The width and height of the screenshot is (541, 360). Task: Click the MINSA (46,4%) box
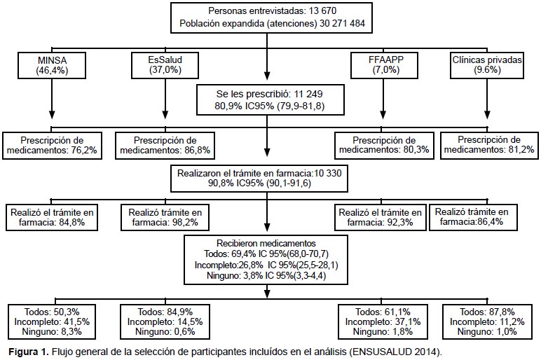pyautogui.click(x=52, y=66)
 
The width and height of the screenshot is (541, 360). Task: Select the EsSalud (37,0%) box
pyautogui.click(x=165, y=66)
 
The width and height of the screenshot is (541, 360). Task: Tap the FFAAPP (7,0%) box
pyautogui.click(x=384, y=66)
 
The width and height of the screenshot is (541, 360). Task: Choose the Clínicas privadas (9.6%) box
pyautogui.click(x=487, y=66)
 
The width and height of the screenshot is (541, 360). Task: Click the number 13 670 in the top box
pyautogui.click(x=322, y=11)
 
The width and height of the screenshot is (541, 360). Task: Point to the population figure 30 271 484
pyautogui.click(x=342, y=23)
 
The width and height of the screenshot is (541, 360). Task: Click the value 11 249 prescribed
pyautogui.click(x=308, y=94)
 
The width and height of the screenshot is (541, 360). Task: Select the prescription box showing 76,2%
pyautogui.click(x=52, y=146)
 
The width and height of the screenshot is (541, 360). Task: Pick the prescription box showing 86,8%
pyautogui.click(x=165, y=146)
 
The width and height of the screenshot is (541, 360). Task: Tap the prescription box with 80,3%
pyautogui.click(x=384, y=146)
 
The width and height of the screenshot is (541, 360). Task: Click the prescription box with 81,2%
pyautogui.click(x=489, y=146)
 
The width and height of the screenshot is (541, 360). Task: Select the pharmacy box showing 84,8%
pyautogui.click(x=52, y=218)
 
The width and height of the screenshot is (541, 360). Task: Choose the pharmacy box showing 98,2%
pyautogui.click(x=165, y=218)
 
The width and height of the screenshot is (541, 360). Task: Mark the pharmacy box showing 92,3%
pyautogui.click(x=380, y=218)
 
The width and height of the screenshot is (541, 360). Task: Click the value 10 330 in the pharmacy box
pyautogui.click(x=328, y=173)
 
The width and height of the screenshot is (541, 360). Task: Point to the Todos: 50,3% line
pyautogui.click(x=52, y=312)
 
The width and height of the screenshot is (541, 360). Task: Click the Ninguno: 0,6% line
pyautogui.click(x=165, y=332)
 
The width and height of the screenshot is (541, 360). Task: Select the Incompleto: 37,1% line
pyautogui.click(x=383, y=321)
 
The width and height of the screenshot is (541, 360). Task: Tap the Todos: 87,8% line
pyautogui.click(x=487, y=312)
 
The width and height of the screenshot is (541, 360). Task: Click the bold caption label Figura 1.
pyautogui.click(x=29, y=352)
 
